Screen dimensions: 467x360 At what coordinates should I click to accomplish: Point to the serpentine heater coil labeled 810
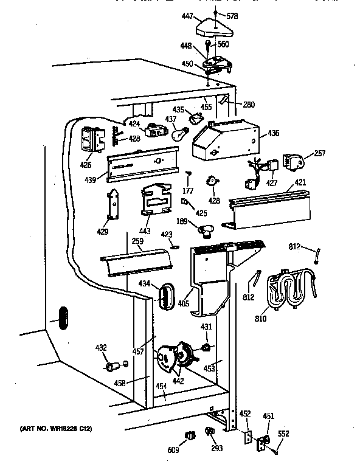[x=290, y=291]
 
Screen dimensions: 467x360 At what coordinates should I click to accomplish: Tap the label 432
[x=101, y=348]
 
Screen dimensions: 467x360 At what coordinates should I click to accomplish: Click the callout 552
[x=283, y=434]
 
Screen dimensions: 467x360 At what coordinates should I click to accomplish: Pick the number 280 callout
[x=248, y=104]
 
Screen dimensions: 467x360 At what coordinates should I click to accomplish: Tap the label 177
[x=188, y=193]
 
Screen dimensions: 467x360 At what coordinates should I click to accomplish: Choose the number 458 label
[x=120, y=383]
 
